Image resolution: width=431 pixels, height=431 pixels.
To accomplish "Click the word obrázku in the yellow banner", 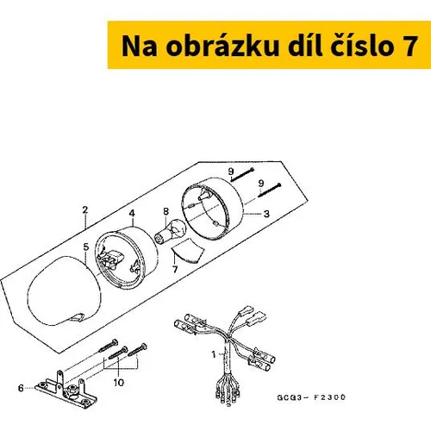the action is tap(222, 46).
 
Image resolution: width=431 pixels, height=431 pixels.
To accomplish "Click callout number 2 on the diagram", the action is tap(84, 209).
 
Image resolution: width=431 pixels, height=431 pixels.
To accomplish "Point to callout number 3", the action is tap(266, 214).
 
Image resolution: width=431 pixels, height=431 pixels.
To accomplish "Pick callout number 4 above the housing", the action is tap(132, 213).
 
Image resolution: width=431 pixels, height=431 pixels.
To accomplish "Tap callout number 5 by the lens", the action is tap(86, 247).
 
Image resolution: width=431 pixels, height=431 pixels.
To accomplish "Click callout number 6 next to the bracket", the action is tap(21, 388).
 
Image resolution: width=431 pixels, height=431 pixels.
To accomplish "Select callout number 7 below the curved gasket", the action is tap(175, 269).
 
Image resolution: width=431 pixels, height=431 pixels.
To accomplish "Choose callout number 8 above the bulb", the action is tap(166, 212).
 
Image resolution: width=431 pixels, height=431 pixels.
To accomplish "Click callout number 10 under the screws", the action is tap(119, 383).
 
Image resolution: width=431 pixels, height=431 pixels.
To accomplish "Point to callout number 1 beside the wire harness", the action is tap(214, 354).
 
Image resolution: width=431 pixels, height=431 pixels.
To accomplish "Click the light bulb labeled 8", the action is tap(171, 232).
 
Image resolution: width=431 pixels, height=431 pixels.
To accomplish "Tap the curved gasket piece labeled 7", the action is tap(188, 252).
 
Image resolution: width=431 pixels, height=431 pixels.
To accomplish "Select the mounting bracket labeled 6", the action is tap(66, 390).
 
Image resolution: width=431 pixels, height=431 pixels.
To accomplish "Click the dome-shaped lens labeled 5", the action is tap(65, 290).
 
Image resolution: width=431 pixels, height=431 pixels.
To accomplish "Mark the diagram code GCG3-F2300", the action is tap(311, 397).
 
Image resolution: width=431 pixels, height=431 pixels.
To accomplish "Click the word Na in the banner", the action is tap(140, 46).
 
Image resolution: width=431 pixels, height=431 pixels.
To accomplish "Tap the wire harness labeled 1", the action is tap(227, 355).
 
